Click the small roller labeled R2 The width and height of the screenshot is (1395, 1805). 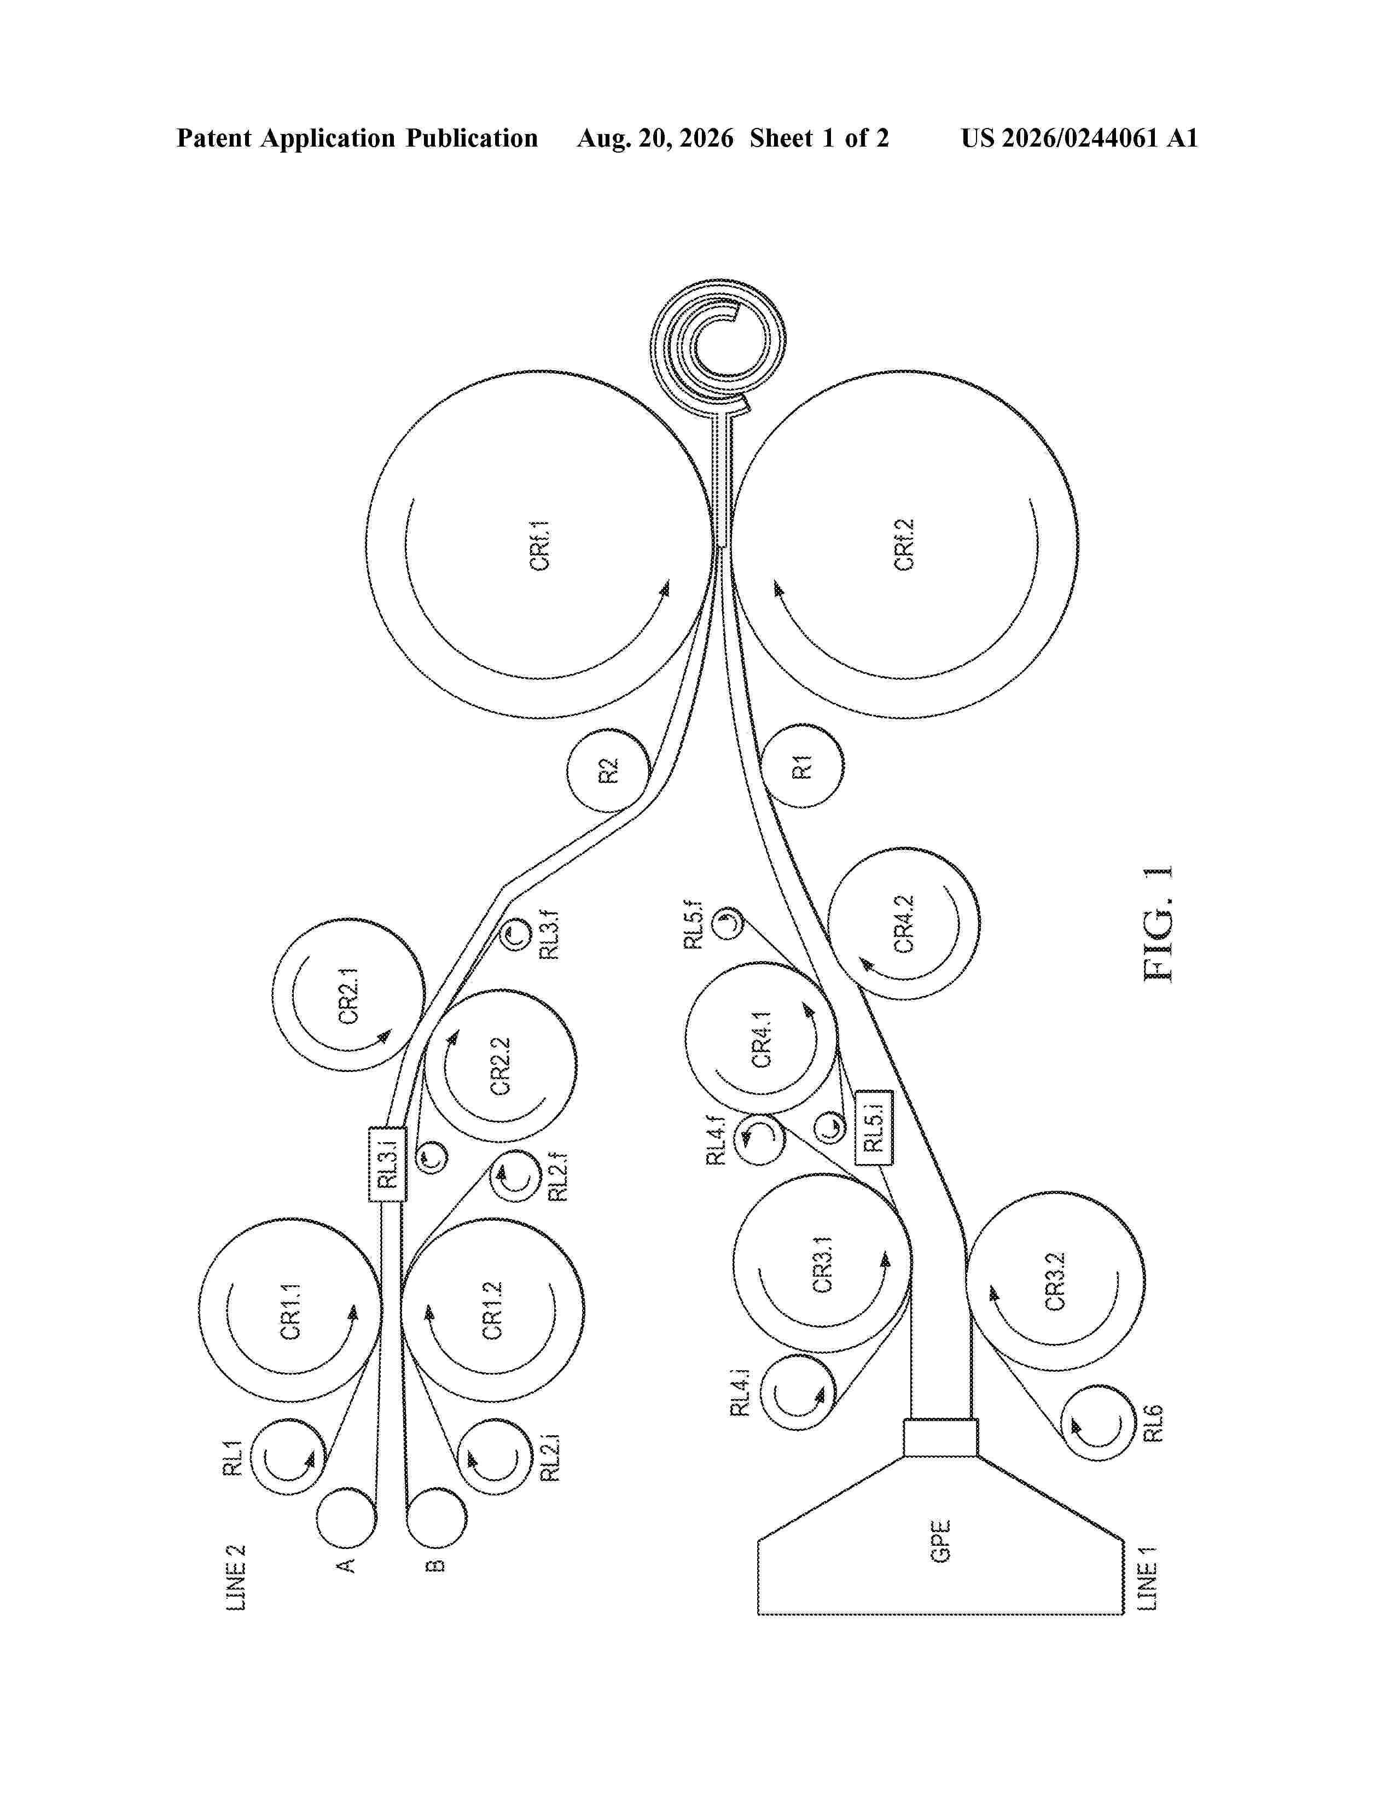(608, 770)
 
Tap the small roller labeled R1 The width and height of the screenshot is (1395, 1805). (803, 766)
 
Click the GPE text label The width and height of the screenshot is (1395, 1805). (940, 1540)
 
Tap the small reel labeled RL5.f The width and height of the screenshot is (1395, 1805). (727, 922)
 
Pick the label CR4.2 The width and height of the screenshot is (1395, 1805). (904, 923)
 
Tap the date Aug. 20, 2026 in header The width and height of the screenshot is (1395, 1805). (654, 138)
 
